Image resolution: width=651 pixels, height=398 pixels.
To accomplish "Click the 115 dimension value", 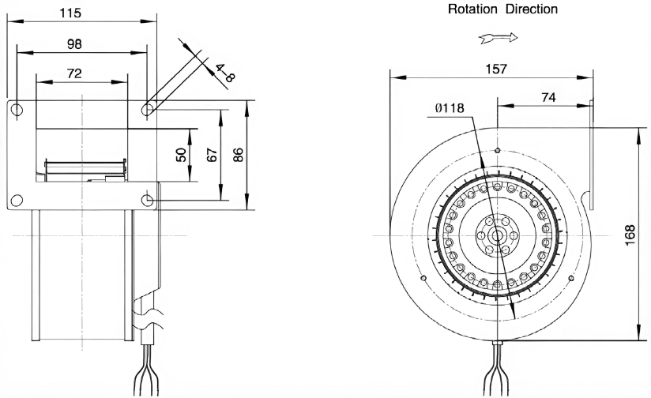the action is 70,13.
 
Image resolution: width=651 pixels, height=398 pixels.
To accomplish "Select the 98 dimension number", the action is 74,44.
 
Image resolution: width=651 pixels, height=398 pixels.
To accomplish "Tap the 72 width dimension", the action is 74,73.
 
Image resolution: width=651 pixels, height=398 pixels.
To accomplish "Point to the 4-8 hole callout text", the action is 225,73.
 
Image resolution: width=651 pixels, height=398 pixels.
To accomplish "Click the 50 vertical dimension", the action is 182,155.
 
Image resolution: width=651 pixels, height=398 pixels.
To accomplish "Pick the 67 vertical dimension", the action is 212,155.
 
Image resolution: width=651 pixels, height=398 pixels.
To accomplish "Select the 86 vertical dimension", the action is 238,155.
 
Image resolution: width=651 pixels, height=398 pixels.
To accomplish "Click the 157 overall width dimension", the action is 497,69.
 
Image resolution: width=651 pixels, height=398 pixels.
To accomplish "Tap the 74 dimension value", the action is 548,97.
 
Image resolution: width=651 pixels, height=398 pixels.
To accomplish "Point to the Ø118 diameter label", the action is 450,108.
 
